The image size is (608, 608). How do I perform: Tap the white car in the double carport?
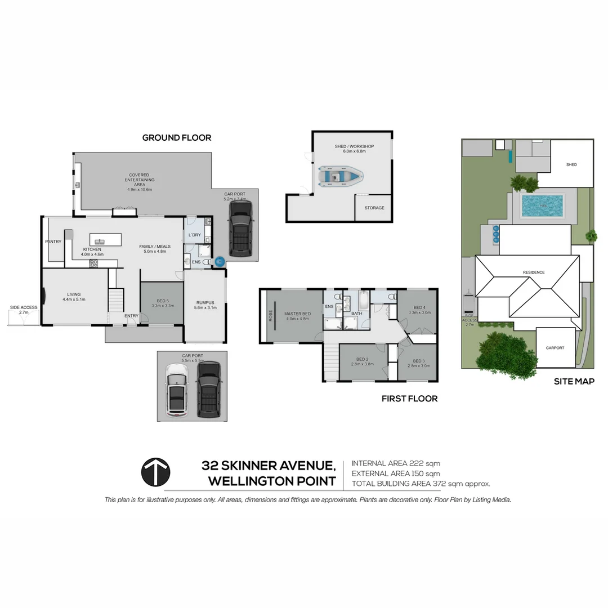[177, 389]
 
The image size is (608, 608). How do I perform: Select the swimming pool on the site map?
[542, 206]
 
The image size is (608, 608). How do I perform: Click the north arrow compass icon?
[155, 472]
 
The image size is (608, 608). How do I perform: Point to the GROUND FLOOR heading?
[176, 137]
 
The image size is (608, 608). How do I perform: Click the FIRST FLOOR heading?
[409, 399]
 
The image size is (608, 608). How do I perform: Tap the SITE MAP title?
[574, 381]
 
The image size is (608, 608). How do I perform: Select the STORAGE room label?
[374, 208]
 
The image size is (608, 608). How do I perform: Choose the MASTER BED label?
[297, 314]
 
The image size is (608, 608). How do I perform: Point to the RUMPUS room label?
[205, 302]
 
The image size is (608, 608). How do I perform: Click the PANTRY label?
[53, 242]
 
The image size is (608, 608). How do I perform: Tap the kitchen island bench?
[106, 239]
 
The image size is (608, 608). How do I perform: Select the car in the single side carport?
[240, 229]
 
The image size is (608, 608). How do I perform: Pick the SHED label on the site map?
[571, 164]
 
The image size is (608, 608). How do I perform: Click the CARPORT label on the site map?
[555, 347]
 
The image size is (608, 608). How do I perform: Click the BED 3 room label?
[418, 361]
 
